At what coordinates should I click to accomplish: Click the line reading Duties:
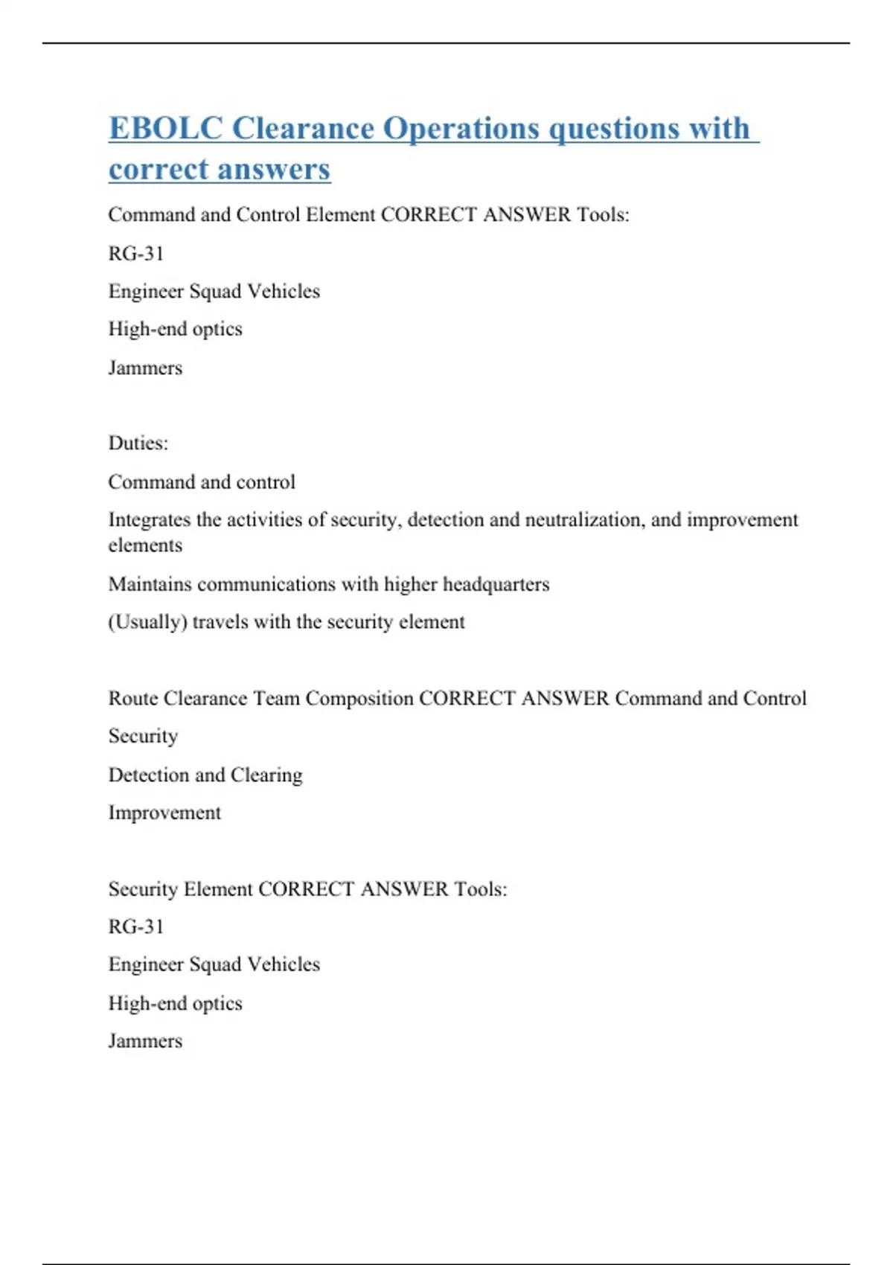[138, 443]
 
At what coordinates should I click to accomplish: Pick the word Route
[132, 699]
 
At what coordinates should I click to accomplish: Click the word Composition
[359, 699]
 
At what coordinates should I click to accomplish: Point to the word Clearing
[266, 775]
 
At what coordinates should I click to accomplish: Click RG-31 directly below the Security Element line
[135, 926]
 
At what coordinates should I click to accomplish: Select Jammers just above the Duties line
[145, 368]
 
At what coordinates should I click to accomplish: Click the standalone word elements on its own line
[145, 545]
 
